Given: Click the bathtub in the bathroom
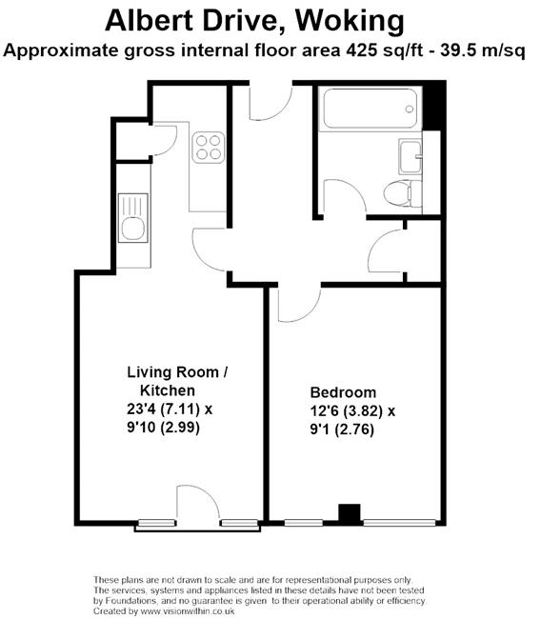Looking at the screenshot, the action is (x=370, y=109).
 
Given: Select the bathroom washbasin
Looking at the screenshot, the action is (x=411, y=156).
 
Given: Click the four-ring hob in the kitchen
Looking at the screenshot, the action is (x=209, y=148).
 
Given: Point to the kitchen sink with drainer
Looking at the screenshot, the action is (x=133, y=218).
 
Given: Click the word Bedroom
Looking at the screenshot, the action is (x=343, y=392).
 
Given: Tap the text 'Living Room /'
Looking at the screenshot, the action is (x=177, y=372).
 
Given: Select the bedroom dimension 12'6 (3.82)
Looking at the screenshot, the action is (x=347, y=411).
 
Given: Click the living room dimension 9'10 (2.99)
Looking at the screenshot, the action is (x=163, y=428).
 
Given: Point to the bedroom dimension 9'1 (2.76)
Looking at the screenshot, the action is (x=342, y=429).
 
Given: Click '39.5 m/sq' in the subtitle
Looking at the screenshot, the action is (x=483, y=50).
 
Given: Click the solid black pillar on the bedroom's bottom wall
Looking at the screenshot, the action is (x=350, y=514).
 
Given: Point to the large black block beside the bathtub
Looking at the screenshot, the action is (x=433, y=107).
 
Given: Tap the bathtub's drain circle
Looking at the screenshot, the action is (x=410, y=109).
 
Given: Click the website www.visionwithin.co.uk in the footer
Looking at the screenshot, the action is (x=188, y=611).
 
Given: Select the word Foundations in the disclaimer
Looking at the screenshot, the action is (x=125, y=601).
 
